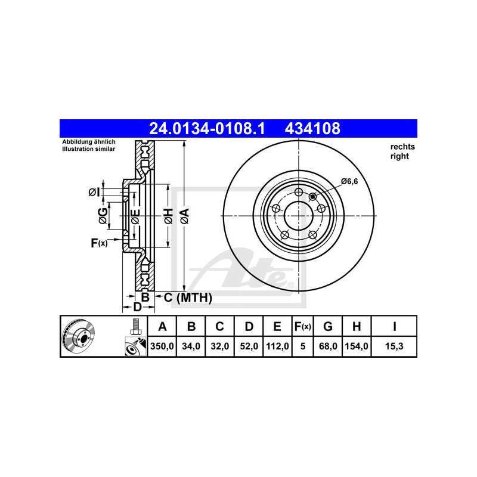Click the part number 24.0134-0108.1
click(x=207, y=128)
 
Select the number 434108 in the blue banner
click(x=312, y=128)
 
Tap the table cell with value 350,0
click(x=162, y=346)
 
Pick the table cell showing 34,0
click(x=191, y=346)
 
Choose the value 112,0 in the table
click(x=277, y=346)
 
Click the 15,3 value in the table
click(x=394, y=346)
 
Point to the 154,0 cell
click(x=357, y=346)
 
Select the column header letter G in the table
click(x=327, y=326)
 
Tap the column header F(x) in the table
click(x=303, y=326)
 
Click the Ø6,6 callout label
click(x=349, y=182)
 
